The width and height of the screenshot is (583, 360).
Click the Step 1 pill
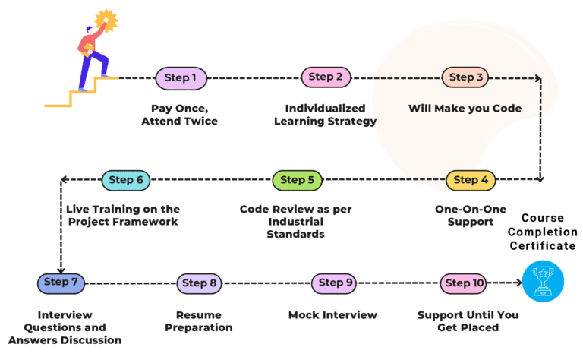pos(181,78)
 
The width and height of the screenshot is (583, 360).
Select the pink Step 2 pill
pos(326,77)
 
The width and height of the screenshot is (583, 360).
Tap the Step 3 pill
pos(465,77)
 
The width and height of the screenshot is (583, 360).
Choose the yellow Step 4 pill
pos(471,180)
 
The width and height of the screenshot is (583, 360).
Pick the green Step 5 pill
pos(297,180)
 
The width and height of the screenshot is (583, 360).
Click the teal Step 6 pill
pos(126,180)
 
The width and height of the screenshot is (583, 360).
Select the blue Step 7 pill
pos(61,283)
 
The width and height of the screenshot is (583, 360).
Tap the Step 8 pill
pos(200,283)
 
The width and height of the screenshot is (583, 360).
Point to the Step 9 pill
pos(334,283)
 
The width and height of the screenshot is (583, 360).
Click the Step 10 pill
pos(464,283)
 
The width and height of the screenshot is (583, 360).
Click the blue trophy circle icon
pos(543,281)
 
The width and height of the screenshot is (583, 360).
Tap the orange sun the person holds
pos(106,21)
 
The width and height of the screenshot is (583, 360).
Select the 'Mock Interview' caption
pos(332,315)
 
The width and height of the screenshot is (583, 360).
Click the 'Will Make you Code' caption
pos(465,108)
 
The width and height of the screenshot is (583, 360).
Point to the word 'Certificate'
pos(543,246)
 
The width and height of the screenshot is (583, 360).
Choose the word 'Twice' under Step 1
pos(201,122)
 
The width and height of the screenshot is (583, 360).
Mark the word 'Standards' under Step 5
pos(295,234)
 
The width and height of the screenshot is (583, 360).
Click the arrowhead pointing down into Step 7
pos(61,270)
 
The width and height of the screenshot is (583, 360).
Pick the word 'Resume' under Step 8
pos(199,315)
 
